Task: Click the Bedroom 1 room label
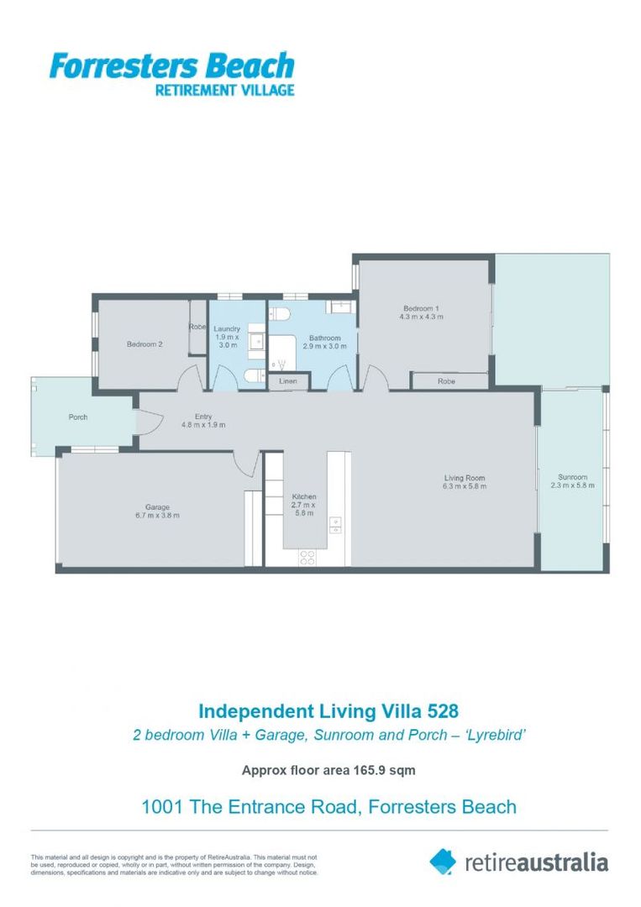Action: (x=421, y=308)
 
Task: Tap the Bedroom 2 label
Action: (x=144, y=343)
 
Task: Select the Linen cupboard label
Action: (x=288, y=381)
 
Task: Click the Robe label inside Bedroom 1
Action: (x=446, y=381)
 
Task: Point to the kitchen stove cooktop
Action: (x=307, y=555)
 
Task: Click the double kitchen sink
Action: (x=335, y=525)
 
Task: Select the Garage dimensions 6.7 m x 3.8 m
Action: (x=157, y=515)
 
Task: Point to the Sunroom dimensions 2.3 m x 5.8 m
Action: (x=572, y=485)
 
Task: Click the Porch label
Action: (x=78, y=417)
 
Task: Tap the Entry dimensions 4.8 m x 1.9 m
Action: (x=203, y=425)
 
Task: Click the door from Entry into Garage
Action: (x=245, y=463)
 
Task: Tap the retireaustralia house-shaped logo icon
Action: (x=443, y=861)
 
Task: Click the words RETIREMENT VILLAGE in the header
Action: (x=224, y=90)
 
